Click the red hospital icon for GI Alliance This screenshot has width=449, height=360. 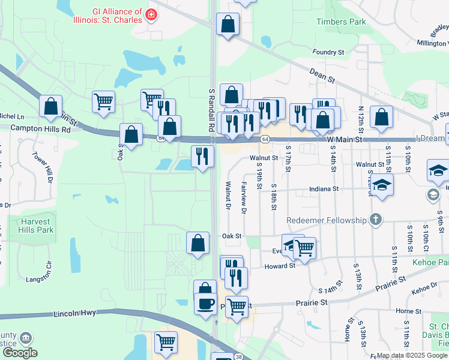[151, 14]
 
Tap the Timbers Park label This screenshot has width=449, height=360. [341, 22]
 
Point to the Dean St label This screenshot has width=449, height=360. [322, 74]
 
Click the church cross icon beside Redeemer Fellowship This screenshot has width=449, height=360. [376, 220]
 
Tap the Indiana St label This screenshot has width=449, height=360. [324, 188]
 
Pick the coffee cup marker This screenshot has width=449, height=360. [206, 303]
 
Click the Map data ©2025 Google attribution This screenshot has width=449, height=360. [411, 356]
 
